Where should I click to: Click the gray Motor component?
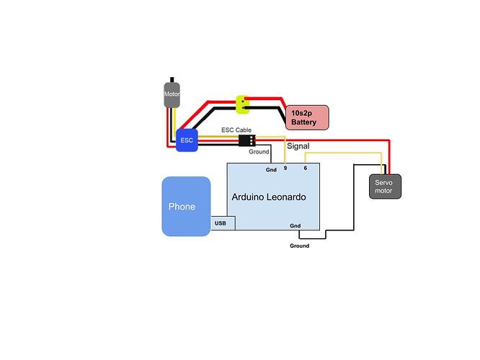[x=172, y=95]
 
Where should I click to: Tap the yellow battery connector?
[x=244, y=105]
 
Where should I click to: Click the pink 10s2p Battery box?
[x=308, y=117]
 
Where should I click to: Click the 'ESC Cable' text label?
[x=236, y=130]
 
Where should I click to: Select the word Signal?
[x=299, y=145]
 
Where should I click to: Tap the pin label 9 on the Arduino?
[x=285, y=168]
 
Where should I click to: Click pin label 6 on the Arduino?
[x=306, y=168]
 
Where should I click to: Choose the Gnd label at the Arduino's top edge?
[x=271, y=170]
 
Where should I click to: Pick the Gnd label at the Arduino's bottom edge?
[x=295, y=225]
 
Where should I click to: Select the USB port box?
[x=221, y=224]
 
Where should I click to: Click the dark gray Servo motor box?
[x=386, y=186]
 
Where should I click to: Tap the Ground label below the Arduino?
[x=299, y=246]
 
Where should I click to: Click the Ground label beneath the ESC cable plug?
[x=259, y=153]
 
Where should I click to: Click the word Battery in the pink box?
[x=303, y=123]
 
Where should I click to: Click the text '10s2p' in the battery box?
[x=301, y=113]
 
